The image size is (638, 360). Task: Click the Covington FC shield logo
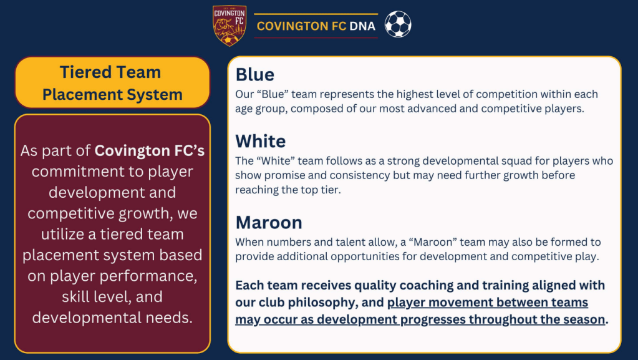(230, 26)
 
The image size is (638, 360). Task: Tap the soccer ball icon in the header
(398, 24)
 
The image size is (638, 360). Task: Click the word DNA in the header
(362, 26)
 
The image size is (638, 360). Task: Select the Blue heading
(254, 75)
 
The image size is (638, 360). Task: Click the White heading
(261, 141)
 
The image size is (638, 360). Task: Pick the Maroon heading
(269, 223)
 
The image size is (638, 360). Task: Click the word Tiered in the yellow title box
(84, 72)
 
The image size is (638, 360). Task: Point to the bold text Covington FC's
(149, 151)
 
